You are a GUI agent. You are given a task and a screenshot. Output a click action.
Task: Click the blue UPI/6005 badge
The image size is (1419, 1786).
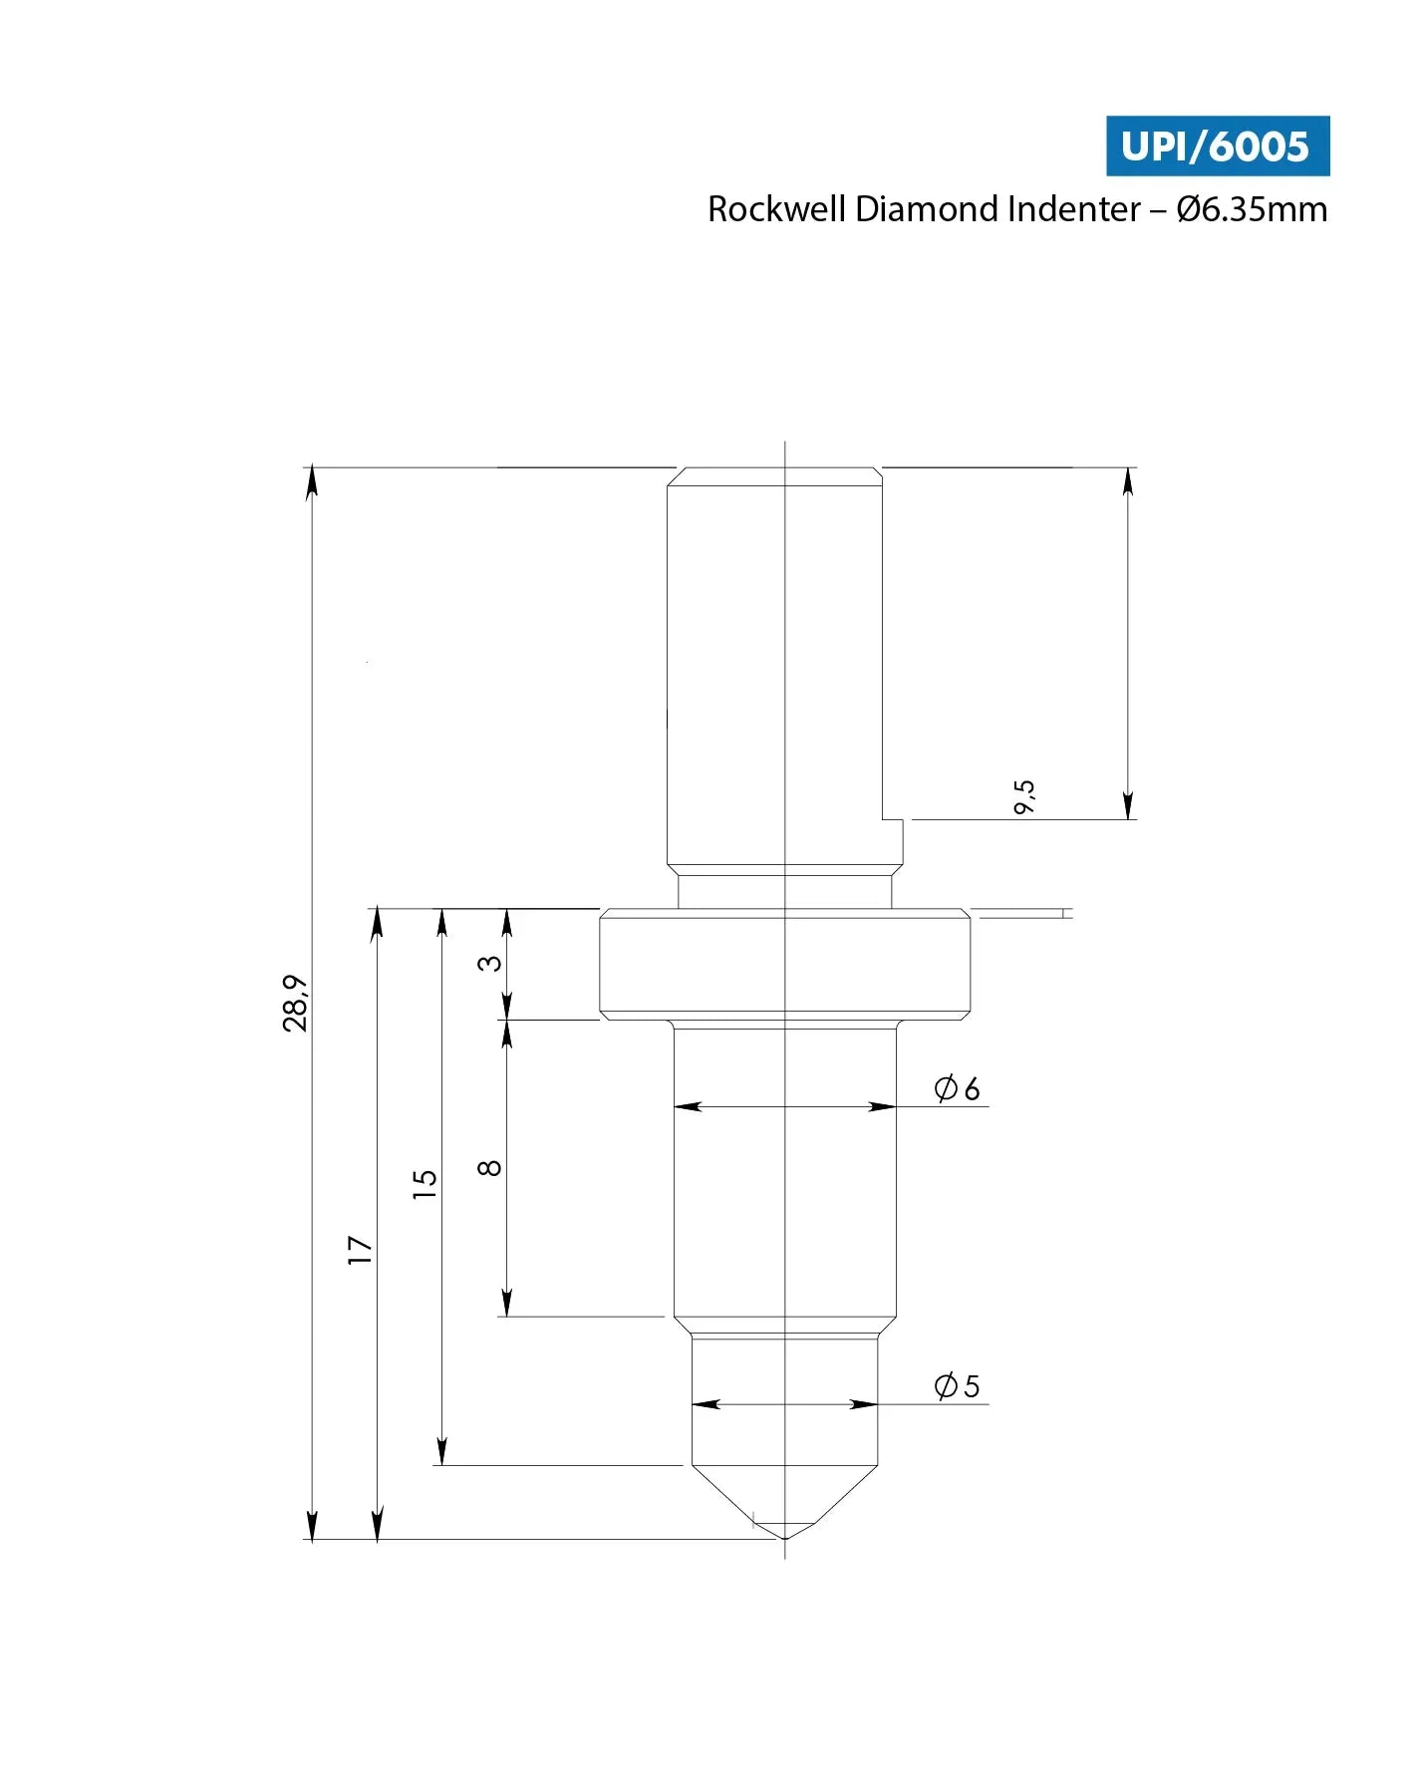click(1217, 146)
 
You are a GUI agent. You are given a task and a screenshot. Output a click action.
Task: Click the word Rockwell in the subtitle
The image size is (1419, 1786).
click(776, 209)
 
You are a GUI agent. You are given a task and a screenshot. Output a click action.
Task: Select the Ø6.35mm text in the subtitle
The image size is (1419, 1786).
click(1252, 209)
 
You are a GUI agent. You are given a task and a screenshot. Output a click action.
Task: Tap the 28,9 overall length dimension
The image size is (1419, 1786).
click(296, 1003)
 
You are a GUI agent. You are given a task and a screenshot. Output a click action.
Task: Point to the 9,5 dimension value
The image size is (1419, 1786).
click(1024, 796)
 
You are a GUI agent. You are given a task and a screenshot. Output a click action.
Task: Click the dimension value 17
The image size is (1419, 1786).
click(360, 1250)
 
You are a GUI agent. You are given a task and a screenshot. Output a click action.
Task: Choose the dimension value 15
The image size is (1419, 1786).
click(426, 1184)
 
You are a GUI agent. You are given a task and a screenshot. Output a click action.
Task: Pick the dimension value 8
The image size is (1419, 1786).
click(490, 1167)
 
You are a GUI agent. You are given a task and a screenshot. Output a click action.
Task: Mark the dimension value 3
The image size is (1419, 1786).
click(490, 963)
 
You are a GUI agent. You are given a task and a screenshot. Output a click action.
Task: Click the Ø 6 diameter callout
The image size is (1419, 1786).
click(957, 1087)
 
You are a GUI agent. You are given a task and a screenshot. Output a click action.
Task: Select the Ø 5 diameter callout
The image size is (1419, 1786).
click(957, 1385)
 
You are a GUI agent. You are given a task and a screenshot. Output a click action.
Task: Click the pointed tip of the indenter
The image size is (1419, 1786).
click(785, 1537)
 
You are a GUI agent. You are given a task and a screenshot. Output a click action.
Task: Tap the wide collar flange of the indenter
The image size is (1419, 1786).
click(785, 964)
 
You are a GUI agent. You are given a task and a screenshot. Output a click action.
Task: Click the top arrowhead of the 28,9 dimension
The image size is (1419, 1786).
click(312, 479)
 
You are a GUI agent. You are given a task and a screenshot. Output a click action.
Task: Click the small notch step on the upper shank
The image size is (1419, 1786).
click(894, 820)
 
